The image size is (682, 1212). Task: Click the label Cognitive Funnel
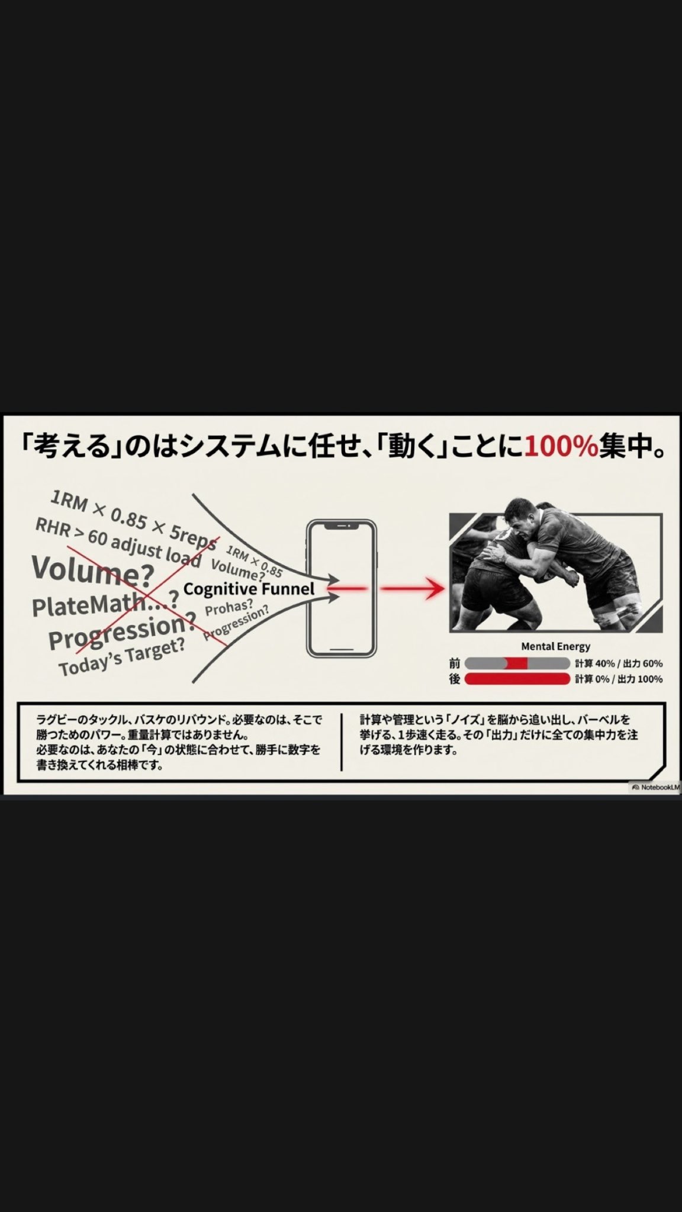pyautogui.click(x=249, y=589)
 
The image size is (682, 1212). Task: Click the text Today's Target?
pyautogui.click(x=121, y=656)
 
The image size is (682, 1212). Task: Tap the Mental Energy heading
pyautogui.click(x=555, y=647)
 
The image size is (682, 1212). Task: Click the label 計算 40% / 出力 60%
pyautogui.click(x=619, y=663)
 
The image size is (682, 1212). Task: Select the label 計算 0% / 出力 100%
pyautogui.click(x=619, y=679)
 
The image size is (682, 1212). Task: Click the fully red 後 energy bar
pyautogui.click(x=517, y=679)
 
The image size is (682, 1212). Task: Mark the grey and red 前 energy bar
pyautogui.click(x=517, y=663)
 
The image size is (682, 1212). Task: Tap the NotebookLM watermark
pyautogui.click(x=656, y=788)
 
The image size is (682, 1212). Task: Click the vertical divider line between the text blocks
pyautogui.click(x=342, y=742)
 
